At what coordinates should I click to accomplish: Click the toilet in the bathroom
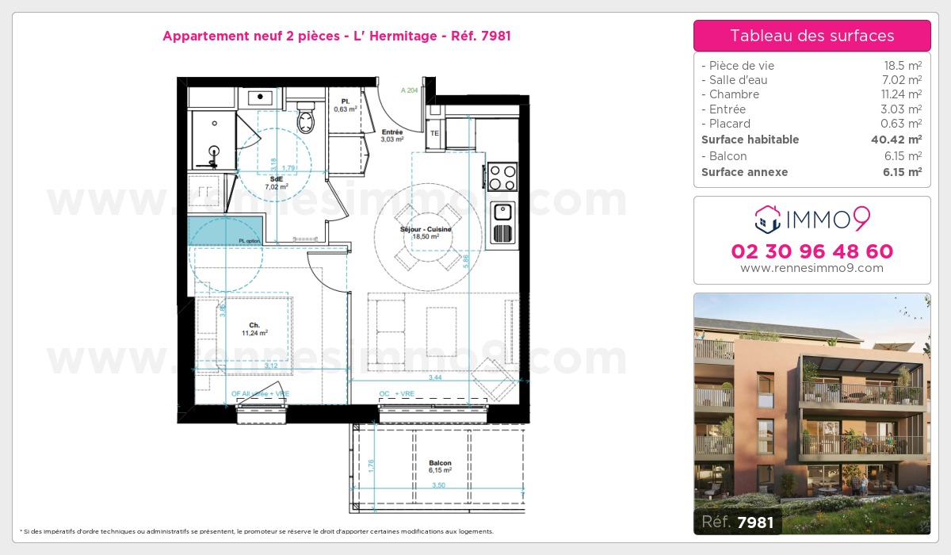point(306,120)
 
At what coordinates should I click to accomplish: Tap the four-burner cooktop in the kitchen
point(501,176)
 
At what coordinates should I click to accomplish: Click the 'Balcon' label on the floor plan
point(440,463)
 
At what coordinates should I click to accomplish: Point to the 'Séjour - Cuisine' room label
point(426,230)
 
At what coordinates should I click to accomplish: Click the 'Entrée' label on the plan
point(392,132)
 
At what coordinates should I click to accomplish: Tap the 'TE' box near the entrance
point(434,133)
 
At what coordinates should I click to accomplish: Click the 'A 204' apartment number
point(409,90)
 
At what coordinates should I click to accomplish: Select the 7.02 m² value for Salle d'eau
point(903,80)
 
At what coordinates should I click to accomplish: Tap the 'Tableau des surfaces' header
point(812,36)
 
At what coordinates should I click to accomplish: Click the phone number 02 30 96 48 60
point(812,251)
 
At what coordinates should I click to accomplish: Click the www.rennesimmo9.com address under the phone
point(812,268)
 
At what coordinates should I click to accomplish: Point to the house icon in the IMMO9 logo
point(767,218)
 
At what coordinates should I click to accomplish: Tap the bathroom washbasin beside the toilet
point(260,98)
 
